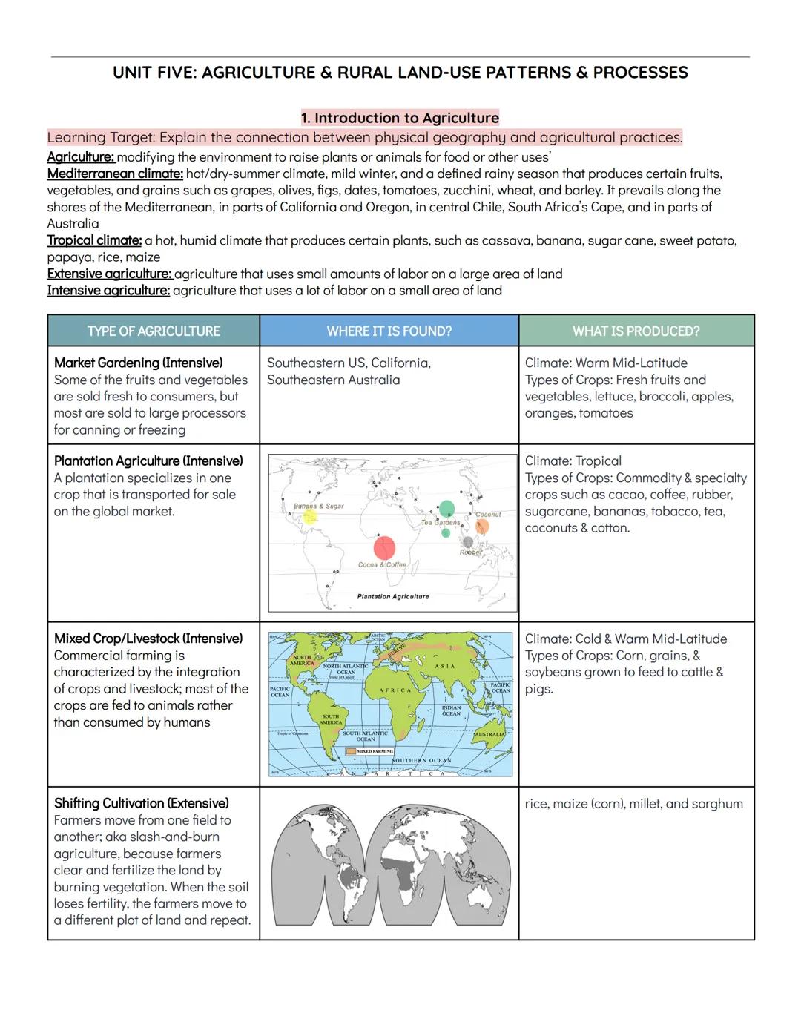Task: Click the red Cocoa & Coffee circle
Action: (384, 548)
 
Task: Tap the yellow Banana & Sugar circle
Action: (310, 517)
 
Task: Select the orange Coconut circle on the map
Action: (482, 527)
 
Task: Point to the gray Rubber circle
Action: (468, 542)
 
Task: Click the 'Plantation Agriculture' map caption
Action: (392, 596)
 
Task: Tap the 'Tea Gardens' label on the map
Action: (441, 522)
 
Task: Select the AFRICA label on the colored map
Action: (395, 690)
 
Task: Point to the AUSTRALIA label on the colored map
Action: (489, 734)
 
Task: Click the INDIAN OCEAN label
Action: (451, 710)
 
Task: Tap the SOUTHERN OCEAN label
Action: (421, 761)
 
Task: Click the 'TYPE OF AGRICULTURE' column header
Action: (154, 331)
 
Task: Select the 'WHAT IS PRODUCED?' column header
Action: (636, 331)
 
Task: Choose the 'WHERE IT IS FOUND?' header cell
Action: (389, 331)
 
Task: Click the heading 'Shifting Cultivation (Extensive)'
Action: (141, 803)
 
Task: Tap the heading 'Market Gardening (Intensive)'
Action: (138, 363)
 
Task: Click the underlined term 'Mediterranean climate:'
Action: (115, 174)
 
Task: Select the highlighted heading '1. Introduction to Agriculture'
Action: (400, 118)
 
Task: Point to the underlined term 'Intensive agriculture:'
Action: (108, 290)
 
